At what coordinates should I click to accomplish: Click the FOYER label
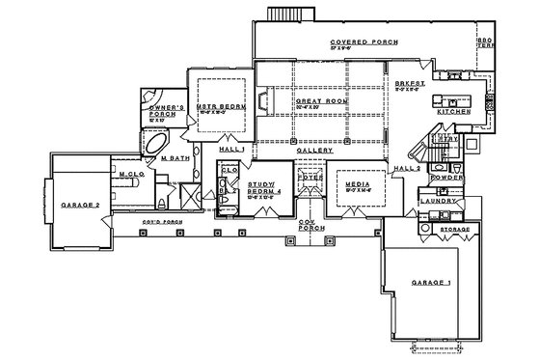[309, 177]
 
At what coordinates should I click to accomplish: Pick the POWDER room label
[449, 178]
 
